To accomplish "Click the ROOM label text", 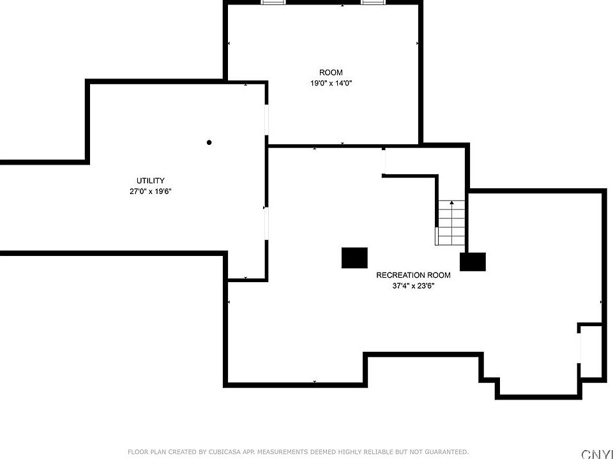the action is [x=331, y=72].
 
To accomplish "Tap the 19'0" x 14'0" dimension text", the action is [x=331, y=83].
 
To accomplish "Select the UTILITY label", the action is [x=151, y=181].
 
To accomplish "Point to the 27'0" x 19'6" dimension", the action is [x=151, y=192].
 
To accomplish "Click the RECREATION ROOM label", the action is [x=413, y=275].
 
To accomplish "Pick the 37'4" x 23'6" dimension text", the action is [x=413, y=286].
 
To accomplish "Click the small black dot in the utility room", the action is [x=209, y=142].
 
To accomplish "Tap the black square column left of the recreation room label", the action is [x=354, y=258].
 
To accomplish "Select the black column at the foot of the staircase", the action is [x=473, y=262].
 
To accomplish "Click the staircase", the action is [x=451, y=223].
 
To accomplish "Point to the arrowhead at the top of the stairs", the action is [x=452, y=202].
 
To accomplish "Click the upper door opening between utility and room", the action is [x=267, y=120].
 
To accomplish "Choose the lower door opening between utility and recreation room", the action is [x=267, y=223].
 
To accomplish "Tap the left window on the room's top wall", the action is [x=273, y=3].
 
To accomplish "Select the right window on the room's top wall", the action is [x=372, y=3].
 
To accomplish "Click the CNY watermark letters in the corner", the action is [x=597, y=455].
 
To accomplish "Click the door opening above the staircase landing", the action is [x=384, y=162].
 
